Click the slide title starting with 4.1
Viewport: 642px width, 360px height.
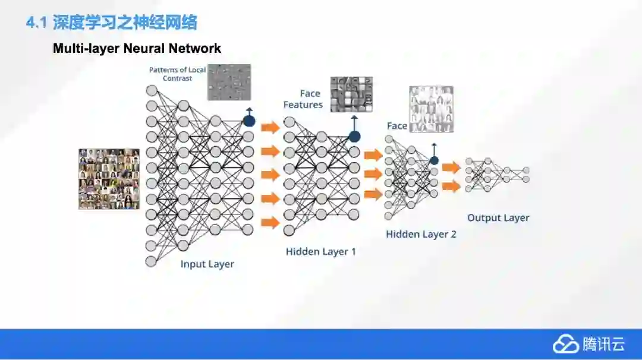click(112, 23)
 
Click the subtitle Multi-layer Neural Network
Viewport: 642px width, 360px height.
click(137, 48)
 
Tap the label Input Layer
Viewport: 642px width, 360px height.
click(207, 264)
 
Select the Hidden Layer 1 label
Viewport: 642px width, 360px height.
click(321, 251)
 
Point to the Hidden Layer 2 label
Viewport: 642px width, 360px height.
click(421, 234)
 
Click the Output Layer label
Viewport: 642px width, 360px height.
click(498, 217)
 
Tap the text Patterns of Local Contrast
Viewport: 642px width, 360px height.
click(177, 74)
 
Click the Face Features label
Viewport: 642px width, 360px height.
click(303, 99)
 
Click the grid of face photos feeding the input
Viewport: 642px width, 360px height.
click(109, 179)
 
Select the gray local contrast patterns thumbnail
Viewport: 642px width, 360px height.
click(229, 82)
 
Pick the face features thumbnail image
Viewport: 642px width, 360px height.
click(351, 94)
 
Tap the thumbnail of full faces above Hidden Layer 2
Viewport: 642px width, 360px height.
click(431, 109)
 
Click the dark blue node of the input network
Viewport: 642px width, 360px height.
click(248, 121)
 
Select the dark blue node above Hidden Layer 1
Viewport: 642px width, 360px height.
click(354, 136)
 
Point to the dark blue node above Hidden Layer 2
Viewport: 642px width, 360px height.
click(434, 160)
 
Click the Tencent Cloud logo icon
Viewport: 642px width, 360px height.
click(565, 344)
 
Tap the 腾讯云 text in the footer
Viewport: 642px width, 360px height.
click(603, 344)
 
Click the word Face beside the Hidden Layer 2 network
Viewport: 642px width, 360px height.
click(397, 126)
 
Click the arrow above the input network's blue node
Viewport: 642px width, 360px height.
click(248, 111)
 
